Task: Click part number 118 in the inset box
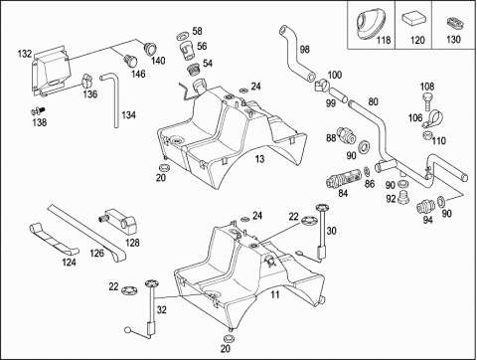(384, 40)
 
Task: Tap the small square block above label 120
(412, 18)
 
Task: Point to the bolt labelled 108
(427, 102)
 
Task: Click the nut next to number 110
(427, 135)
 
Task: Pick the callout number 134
(128, 115)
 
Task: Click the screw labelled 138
(38, 110)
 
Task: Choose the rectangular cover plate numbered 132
(51, 71)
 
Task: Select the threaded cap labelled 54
(193, 70)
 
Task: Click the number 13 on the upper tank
(259, 159)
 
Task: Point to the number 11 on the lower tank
(275, 294)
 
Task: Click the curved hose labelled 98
(296, 53)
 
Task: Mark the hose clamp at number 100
(321, 86)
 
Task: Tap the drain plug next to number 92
(403, 198)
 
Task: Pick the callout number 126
(96, 254)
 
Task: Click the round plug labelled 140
(150, 49)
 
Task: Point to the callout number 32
(161, 310)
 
